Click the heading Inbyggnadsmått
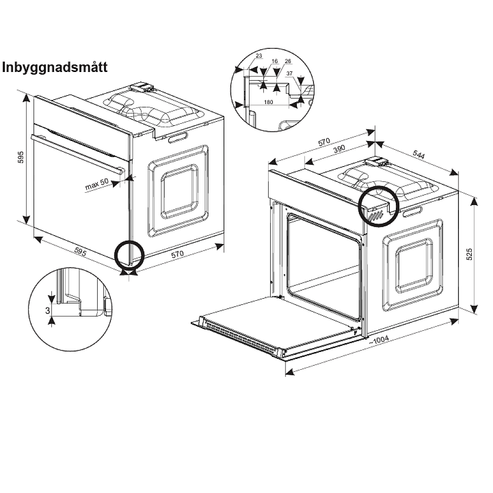[55, 67]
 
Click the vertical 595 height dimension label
[21, 157]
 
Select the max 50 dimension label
[97, 184]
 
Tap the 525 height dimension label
[469, 254]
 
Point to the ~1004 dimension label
[379, 340]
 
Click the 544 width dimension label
[419, 154]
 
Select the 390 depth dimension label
[339, 149]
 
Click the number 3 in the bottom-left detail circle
[47, 311]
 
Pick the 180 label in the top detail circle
[268, 102]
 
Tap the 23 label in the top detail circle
[259, 56]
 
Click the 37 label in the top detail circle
[289, 73]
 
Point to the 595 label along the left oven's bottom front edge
[80, 251]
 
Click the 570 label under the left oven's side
[177, 254]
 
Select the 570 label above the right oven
[324, 142]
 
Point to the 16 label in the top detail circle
[275, 61]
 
